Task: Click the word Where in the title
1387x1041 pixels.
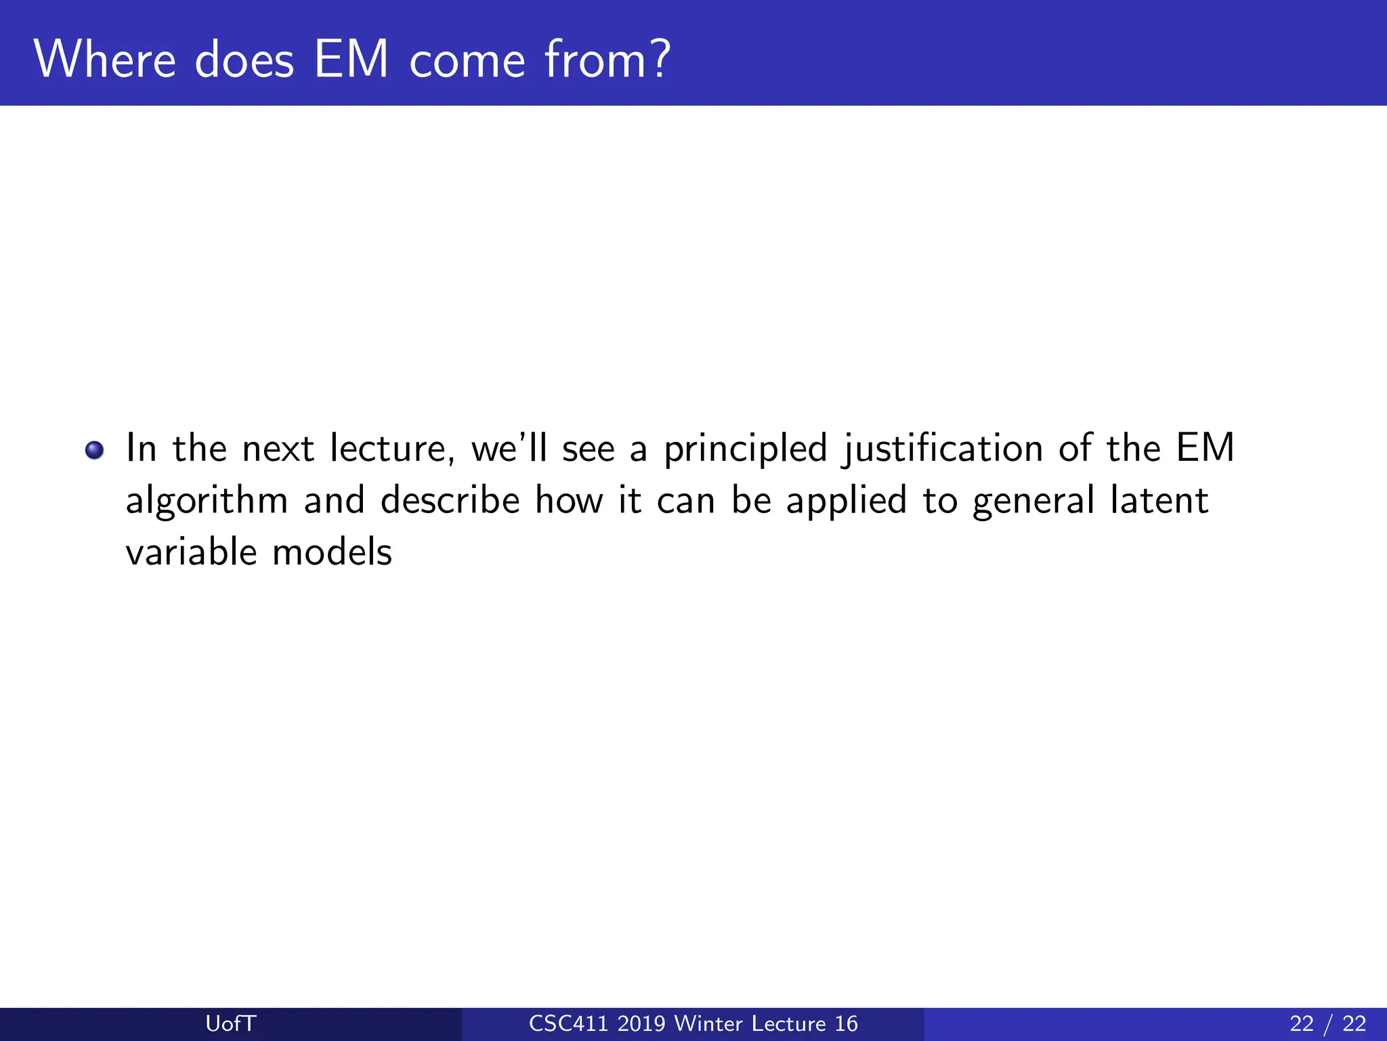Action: (105, 60)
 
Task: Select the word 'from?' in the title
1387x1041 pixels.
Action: (607, 60)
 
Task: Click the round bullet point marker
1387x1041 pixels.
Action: (95, 450)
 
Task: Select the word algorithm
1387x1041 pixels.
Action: (207, 502)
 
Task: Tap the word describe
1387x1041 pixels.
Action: (450, 501)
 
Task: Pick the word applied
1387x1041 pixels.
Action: (846, 502)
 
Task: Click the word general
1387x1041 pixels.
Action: (1033, 502)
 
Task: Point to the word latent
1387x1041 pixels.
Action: (1159, 501)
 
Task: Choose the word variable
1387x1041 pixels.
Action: (191, 552)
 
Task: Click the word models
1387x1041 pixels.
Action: (332, 552)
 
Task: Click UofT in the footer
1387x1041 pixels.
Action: (230, 1023)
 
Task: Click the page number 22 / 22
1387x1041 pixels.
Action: (1327, 1023)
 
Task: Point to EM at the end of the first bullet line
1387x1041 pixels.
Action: (1205, 449)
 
